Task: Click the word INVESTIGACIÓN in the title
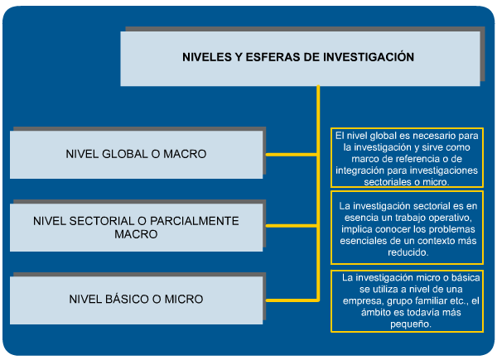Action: [369, 57]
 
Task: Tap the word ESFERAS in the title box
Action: [273, 57]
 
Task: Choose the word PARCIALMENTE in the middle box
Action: [195, 221]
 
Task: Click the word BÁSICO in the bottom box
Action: [127, 300]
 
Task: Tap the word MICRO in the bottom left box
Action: [184, 300]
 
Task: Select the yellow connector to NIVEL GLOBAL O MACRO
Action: [292, 155]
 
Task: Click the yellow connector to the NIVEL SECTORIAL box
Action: [292, 226]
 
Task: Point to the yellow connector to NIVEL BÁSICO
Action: [292, 300]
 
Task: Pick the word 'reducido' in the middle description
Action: [408, 252]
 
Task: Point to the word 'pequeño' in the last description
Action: [411, 324]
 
